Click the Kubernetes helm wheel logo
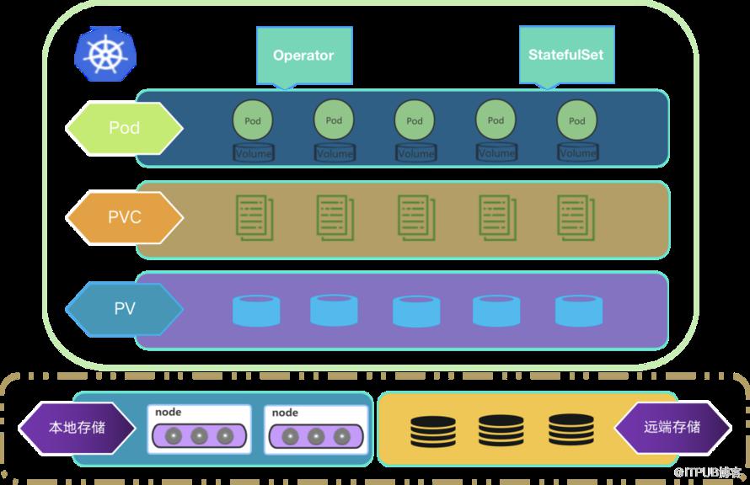(x=105, y=54)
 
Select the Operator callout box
(x=304, y=56)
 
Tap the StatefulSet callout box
(x=567, y=56)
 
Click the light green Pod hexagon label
(x=125, y=128)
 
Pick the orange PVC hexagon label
(x=125, y=217)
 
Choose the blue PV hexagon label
(x=125, y=309)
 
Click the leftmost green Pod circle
(x=253, y=120)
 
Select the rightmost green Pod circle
(x=577, y=120)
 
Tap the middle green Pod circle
(x=415, y=120)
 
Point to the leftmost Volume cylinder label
(x=254, y=153)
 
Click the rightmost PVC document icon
(x=576, y=218)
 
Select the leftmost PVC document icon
(x=255, y=218)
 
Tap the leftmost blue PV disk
(x=256, y=311)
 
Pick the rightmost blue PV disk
(x=579, y=311)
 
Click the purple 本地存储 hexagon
(x=77, y=428)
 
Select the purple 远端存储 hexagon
(x=672, y=427)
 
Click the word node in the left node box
(x=168, y=412)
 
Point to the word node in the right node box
(x=285, y=413)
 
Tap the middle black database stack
(x=501, y=430)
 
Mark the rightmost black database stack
(x=571, y=430)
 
